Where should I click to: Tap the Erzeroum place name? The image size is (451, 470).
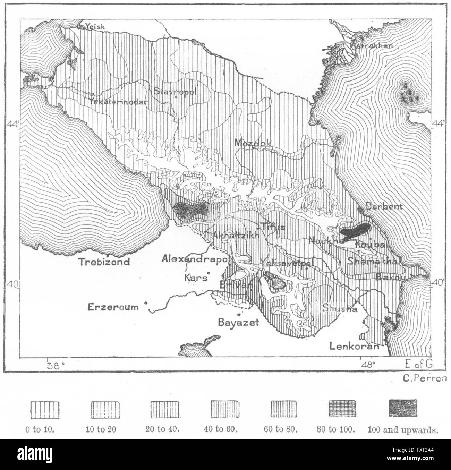tap(113, 307)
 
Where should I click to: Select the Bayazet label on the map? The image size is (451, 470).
tap(238, 322)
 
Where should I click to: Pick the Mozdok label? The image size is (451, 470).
tap(252, 143)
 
